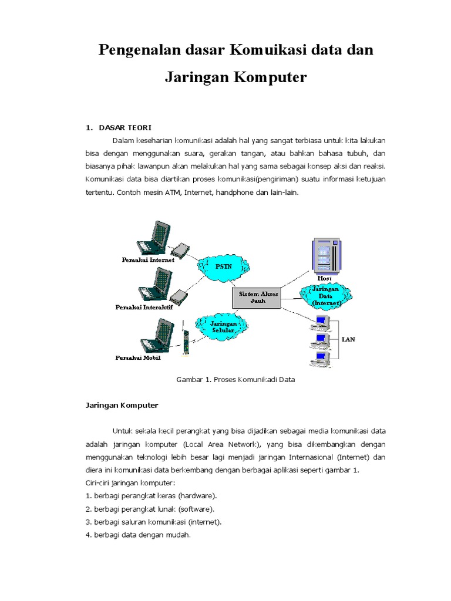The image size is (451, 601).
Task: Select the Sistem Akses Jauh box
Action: coord(259,297)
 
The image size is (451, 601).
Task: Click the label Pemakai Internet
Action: coord(148,259)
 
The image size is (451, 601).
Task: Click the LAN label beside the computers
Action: coord(348,339)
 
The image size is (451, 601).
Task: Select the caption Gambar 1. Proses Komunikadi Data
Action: coord(235,380)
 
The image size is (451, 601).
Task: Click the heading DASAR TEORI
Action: coord(125,127)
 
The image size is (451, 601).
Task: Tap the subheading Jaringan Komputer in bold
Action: coord(122,405)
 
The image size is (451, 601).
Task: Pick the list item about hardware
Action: coord(151,495)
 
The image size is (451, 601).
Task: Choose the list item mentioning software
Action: coord(150,508)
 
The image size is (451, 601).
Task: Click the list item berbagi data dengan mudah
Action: coord(138,535)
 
